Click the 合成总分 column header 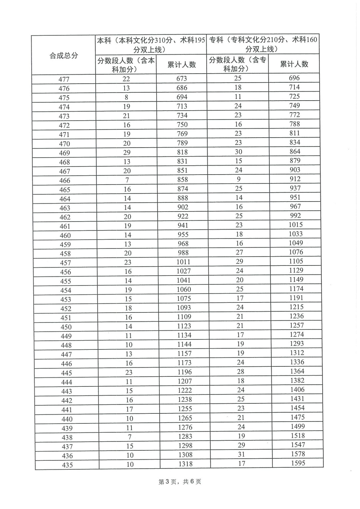(x=64, y=56)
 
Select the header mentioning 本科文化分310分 (x=151, y=45)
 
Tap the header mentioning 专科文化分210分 (x=263, y=44)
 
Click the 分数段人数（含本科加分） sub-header (x=126, y=65)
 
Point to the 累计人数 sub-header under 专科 (x=294, y=64)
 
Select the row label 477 (x=64, y=79)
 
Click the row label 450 (x=66, y=327)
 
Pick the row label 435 (x=67, y=465)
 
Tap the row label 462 (x=65, y=217)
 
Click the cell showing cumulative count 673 (x=182, y=79)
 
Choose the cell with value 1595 (x=298, y=463)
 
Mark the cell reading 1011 (x=183, y=262)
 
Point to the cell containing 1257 (x=296, y=325)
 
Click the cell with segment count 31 (x=241, y=454)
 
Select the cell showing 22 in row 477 (x=126, y=79)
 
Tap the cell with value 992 (x=295, y=215)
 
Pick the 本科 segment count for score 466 (x=127, y=180)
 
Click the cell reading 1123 (x=184, y=326)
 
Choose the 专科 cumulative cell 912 (x=295, y=179)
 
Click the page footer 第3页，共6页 (x=180, y=482)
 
